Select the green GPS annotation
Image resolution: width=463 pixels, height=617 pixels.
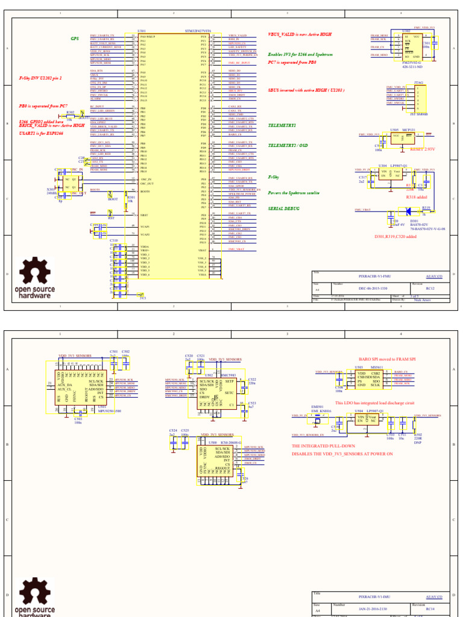75,38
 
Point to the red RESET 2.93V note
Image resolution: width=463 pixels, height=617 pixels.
422,149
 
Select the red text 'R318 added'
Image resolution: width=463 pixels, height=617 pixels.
417,197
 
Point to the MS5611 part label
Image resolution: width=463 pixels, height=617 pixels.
376,367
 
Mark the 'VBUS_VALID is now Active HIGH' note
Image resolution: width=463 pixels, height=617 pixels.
299,34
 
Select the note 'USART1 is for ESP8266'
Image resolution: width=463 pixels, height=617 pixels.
42,133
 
